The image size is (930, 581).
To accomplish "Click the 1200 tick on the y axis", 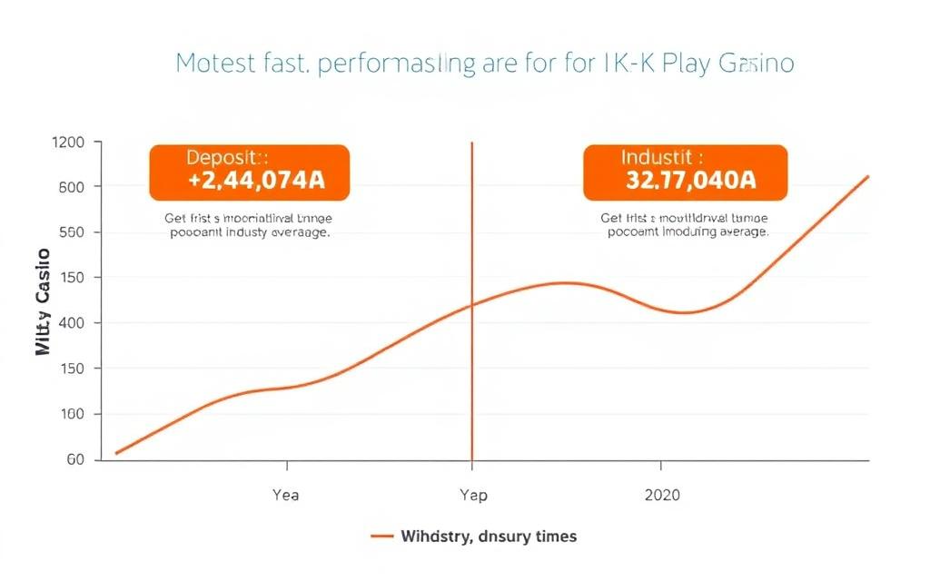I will pos(69,143).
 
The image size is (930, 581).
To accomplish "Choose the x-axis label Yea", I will pos(285,495).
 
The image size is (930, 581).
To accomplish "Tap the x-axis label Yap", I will pos(472,495).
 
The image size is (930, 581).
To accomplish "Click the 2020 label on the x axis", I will pos(660,495).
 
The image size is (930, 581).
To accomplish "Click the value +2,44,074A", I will pos(256,180).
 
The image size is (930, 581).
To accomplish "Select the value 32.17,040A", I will pos(690,180).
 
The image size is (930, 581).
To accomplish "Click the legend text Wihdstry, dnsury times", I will pos(488,537).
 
